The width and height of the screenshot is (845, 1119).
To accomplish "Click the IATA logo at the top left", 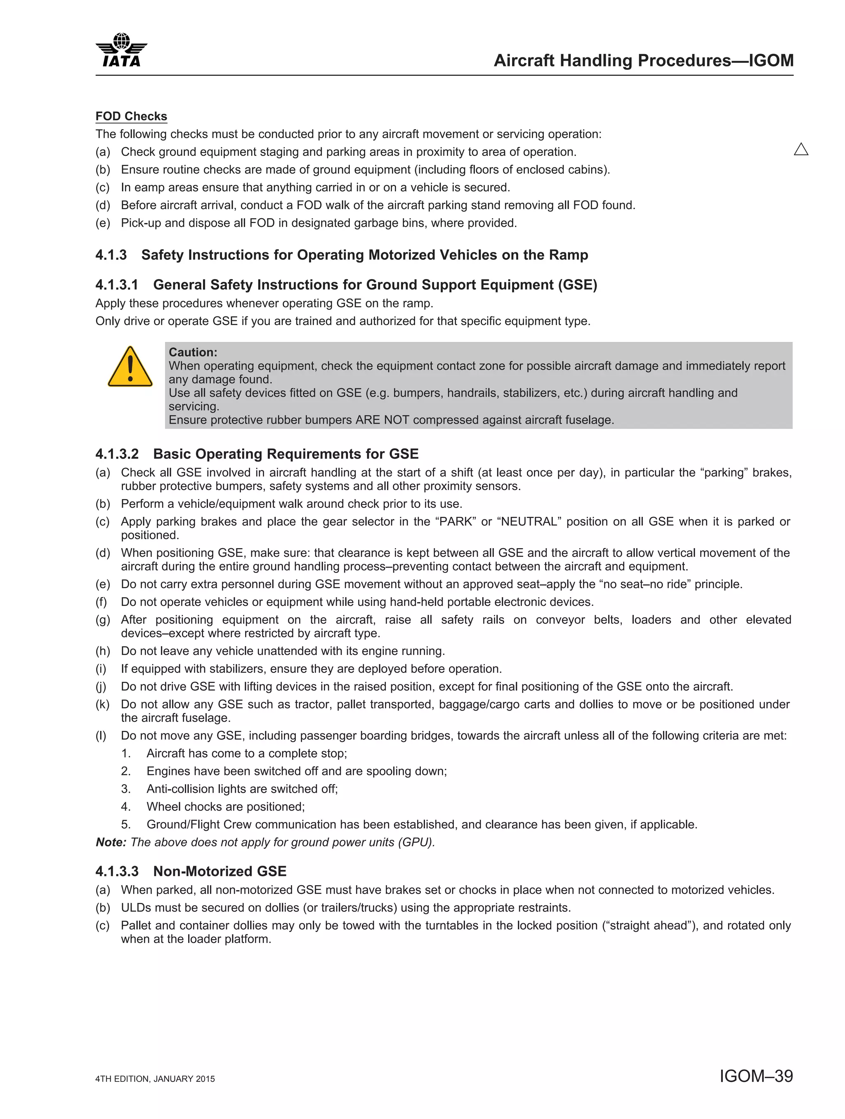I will tap(121, 51).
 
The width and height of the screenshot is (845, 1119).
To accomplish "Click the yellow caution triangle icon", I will tap(130, 367).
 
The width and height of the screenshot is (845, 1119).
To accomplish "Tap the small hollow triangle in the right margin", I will tap(801, 149).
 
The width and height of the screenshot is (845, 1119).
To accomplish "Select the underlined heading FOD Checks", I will tap(131, 116).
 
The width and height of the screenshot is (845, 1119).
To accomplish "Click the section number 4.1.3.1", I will tap(116, 285).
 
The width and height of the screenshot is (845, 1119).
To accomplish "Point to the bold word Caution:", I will tap(193, 352).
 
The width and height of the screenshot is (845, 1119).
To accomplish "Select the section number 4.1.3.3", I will tap(116, 871).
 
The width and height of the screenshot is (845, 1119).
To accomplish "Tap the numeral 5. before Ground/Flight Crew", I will tap(126, 825).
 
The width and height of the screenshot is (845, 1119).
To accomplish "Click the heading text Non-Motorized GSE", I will tap(220, 871).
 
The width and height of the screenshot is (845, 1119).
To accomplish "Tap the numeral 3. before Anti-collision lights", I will tap(126, 789).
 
